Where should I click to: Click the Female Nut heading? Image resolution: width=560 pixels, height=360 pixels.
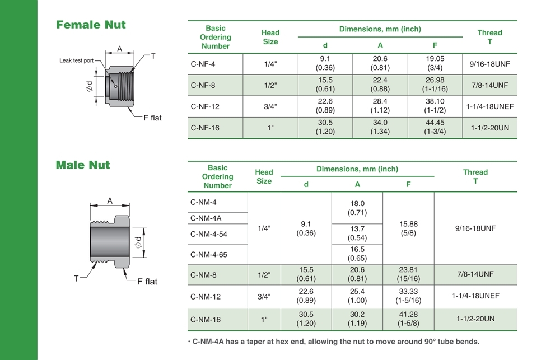(x=91, y=25)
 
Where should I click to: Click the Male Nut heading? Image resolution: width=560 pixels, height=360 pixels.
(x=83, y=165)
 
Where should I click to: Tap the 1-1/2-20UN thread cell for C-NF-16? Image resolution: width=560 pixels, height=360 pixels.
(x=489, y=128)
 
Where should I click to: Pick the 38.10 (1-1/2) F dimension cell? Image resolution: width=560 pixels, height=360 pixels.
(x=435, y=106)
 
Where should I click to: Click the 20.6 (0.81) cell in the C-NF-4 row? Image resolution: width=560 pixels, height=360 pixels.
(x=380, y=63)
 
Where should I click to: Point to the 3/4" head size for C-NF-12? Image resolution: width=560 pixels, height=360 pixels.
(x=270, y=106)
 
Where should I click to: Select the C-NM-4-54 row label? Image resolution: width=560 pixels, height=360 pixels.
(x=208, y=234)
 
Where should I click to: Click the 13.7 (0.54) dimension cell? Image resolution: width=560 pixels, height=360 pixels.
(x=357, y=233)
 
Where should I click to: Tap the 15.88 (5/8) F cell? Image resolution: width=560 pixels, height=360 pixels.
(x=408, y=228)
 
